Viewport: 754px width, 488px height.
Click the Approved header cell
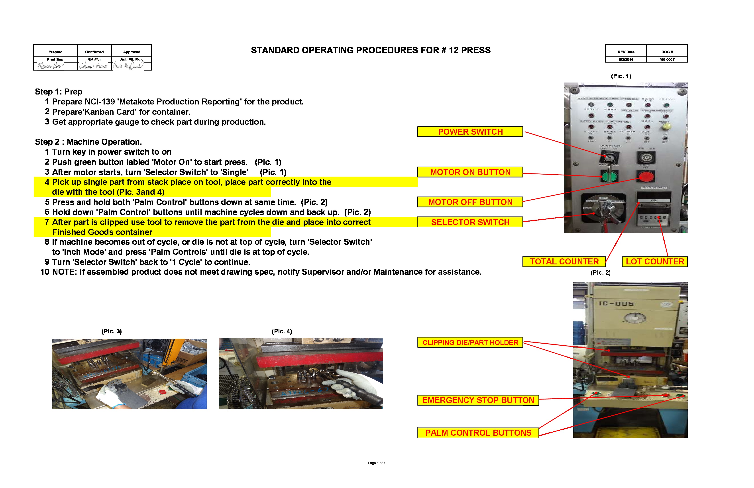tap(132, 52)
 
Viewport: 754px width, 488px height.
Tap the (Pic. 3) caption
tap(112, 331)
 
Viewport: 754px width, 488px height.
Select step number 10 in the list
tap(45, 272)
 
